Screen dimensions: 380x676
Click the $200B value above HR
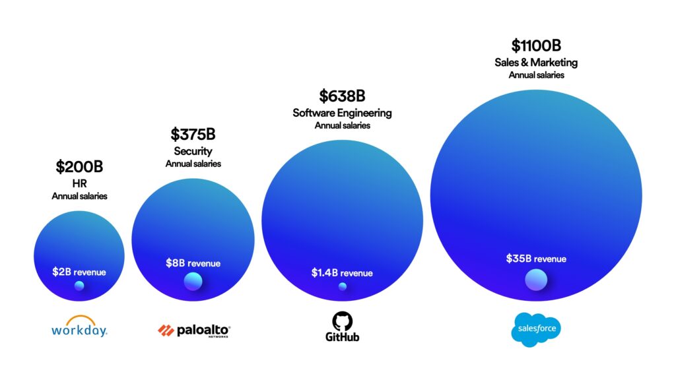point(79,166)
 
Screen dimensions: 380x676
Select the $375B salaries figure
point(193,134)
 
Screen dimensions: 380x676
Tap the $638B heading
point(342,96)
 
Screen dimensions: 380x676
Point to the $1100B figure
point(536,46)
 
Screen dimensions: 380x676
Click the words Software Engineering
point(342,113)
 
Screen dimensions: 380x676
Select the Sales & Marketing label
point(536,63)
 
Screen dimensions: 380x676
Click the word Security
point(193,151)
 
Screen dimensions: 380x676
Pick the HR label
point(79,183)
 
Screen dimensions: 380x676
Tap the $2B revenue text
point(79,272)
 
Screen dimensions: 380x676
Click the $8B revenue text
point(193,263)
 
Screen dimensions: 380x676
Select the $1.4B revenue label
point(342,273)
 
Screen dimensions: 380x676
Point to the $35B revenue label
point(536,259)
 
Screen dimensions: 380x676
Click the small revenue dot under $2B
point(79,286)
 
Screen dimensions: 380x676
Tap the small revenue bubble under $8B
point(193,282)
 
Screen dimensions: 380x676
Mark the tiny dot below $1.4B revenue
point(342,286)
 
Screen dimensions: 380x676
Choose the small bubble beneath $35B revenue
point(536,280)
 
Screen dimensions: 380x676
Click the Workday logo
point(79,327)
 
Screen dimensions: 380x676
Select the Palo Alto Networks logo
point(194,330)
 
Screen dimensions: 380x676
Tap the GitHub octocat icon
point(342,321)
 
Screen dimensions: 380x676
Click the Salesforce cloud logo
point(536,329)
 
